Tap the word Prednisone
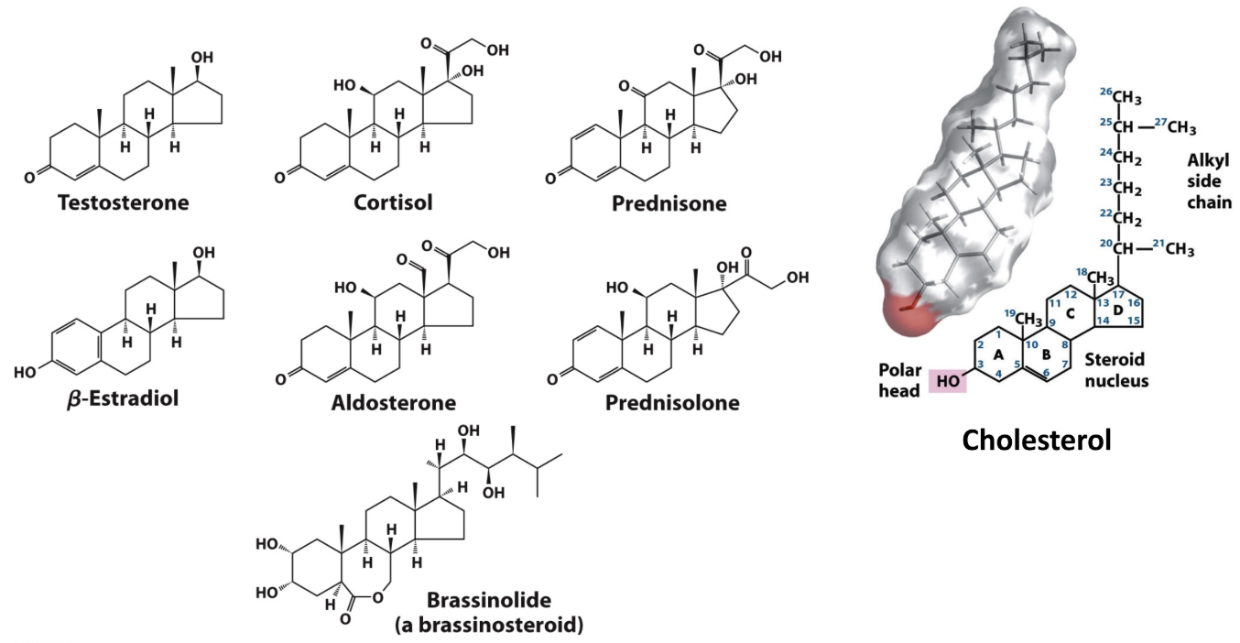pos(669,203)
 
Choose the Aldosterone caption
pos(394,403)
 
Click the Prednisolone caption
pos(672,403)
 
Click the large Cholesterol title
pos(1037,441)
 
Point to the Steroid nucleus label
pos(1115,369)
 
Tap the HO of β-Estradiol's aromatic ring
pos(25,372)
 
